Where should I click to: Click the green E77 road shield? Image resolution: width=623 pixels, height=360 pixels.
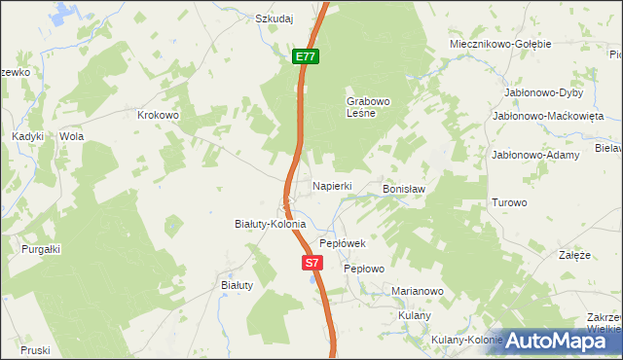click(306, 57)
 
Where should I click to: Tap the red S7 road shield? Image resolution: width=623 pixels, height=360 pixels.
click(311, 263)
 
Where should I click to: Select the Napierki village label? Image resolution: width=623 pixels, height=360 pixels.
click(331, 185)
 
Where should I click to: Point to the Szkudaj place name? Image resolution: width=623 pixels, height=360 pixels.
click(275, 18)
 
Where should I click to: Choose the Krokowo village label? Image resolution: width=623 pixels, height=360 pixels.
click(160, 115)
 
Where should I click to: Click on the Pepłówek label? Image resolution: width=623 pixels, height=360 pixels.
click(342, 243)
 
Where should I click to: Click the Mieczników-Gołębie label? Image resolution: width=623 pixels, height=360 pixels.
click(500, 44)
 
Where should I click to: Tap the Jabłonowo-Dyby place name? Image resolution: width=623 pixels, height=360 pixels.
click(543, 92)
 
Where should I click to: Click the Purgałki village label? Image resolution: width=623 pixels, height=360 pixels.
click(41, 249)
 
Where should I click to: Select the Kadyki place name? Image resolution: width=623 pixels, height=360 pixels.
click(28, 137)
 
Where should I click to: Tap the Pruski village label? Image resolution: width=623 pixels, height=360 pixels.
click(34, 350)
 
